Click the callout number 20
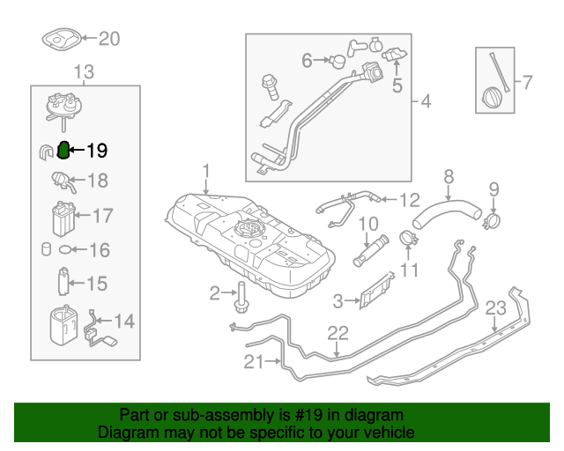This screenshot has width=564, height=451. pos(108,39)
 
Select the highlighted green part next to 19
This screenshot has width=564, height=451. pos(63,152)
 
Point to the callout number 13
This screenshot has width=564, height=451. pos(84,71)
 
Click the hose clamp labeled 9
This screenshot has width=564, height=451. pos(493,215)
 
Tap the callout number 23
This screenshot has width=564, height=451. pos(495,308)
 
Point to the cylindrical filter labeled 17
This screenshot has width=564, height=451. pos(61,218)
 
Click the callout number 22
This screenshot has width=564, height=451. pos(338,333)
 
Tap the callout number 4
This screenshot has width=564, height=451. pos(426,102)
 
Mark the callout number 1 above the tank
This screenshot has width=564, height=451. pos(205,170)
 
